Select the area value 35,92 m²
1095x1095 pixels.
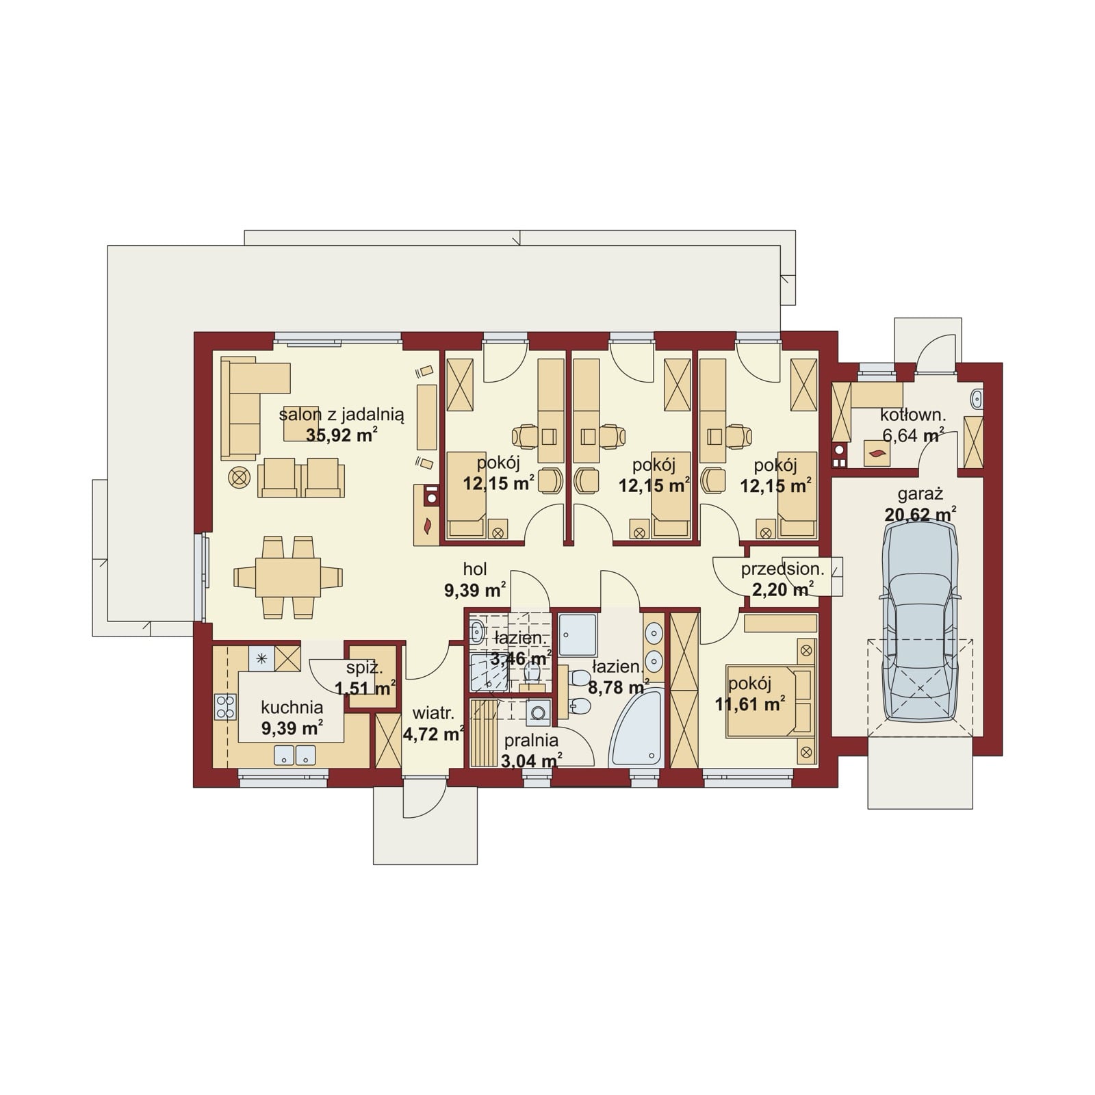(x=342, y=435)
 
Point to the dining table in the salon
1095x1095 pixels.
(x=287, y=577)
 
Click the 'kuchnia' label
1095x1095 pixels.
(x=292, y=708)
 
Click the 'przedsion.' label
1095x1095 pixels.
(x=782, y=569)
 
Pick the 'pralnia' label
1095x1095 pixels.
(x=531, y=740)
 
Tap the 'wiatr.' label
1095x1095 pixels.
(x=429, y=714)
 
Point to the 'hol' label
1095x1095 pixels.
(x=475, y=569)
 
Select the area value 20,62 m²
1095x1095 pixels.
(x=919, y=514)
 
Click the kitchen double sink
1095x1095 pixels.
(x=296, y=755)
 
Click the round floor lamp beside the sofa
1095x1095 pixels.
(x=239, y=478)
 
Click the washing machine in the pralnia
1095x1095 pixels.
(x=539, y=712)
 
